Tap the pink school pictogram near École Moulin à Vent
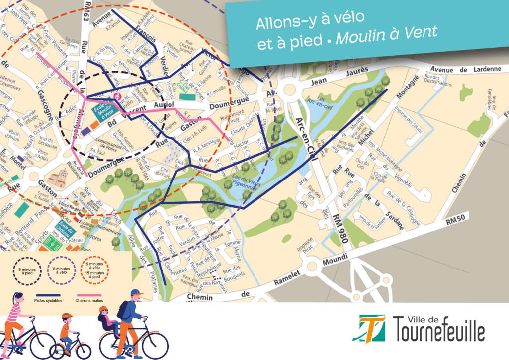point(118,96)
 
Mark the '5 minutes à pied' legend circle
point(23,271)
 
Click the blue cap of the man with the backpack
point(137,293)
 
